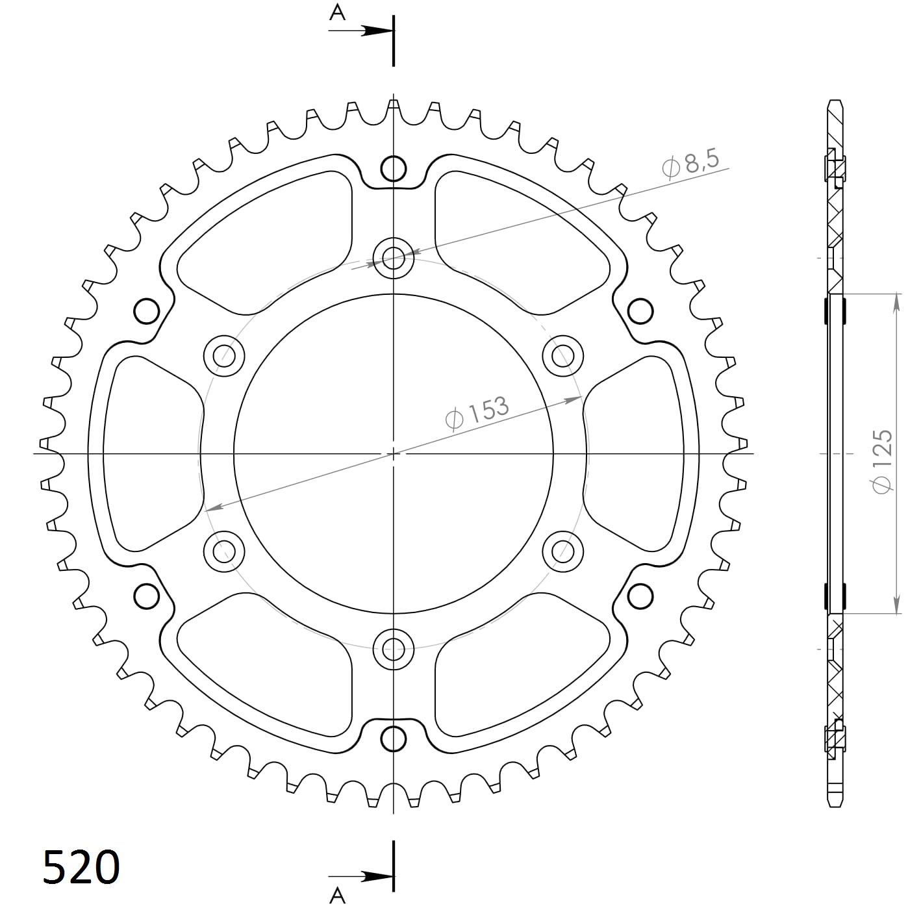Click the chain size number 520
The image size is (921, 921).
pyautogui.click(x=81, y=866)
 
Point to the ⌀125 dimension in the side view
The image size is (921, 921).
pyautogui.click(x=883, y=460)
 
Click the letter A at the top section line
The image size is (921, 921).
pyautogui.click(x=337, y=12)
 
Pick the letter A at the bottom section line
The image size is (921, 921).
pyautogui.click(x=337, y=896)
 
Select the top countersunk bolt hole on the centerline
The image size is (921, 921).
pyautogui.click(x=394, y=258)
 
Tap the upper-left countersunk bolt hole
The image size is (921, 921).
pyautogui.click(x=224, y=355)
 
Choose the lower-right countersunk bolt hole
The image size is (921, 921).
pyautogui.click(x=562, y=551)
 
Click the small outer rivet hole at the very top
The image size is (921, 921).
pyautogui.click(x=394, y=169)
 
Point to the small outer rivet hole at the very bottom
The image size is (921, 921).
pyautogui.click(x=394, y=738)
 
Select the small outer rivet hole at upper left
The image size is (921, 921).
pyautogui.click(x=147, y=311)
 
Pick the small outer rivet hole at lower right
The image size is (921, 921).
pyautogui.click(x=640, y=594)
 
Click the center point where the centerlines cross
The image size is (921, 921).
pyautogui.click(x=394, y=453)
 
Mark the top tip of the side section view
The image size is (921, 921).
pyautogui.click(x=835, y=102)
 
